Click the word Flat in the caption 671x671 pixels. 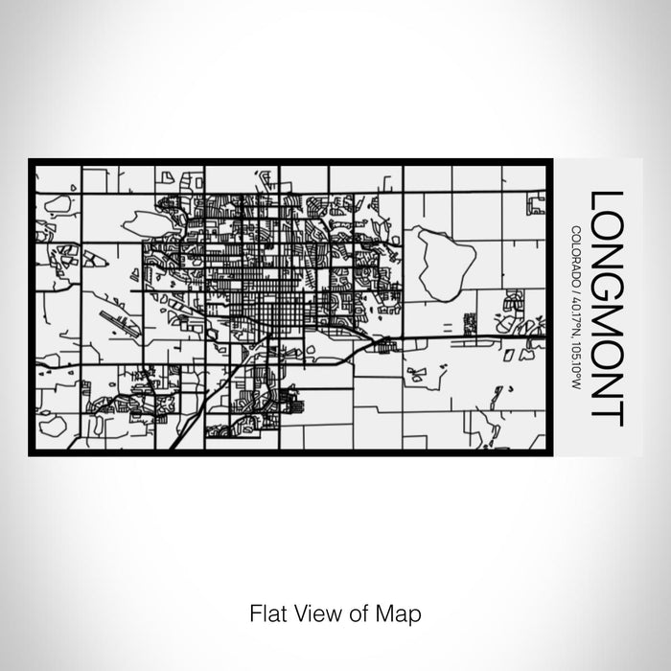(x=266, y=611)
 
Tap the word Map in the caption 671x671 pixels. (x=402, y=611)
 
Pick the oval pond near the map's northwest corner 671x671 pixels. (x=58, y=203)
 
